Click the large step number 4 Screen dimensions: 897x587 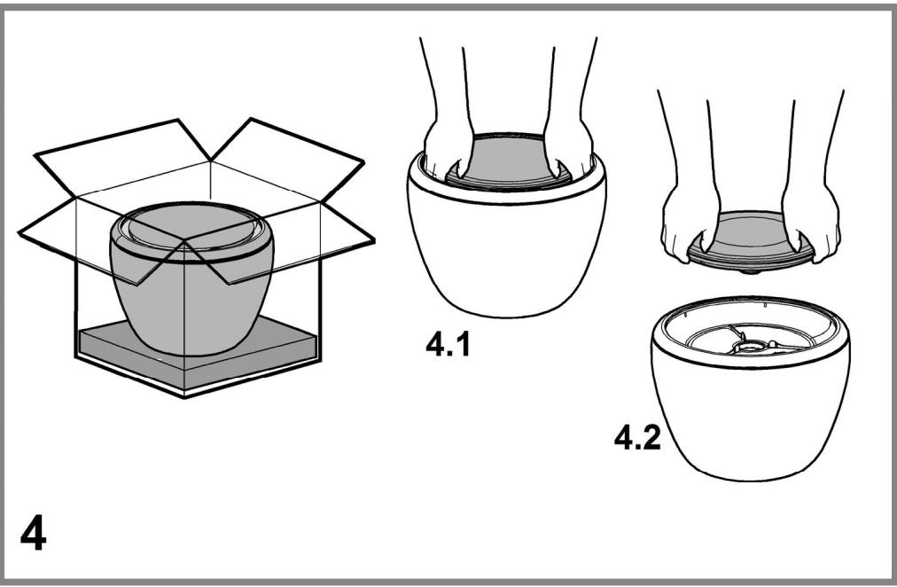click(33, 533)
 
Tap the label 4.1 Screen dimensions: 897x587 click(448, 344)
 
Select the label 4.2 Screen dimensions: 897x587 click(637, 438)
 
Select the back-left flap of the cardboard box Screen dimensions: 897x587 click(123, 160)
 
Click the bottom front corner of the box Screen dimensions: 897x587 click(184, 396)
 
